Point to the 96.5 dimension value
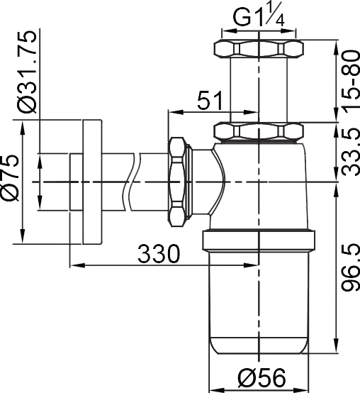(347, 268)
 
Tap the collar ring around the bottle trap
(259, 240)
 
